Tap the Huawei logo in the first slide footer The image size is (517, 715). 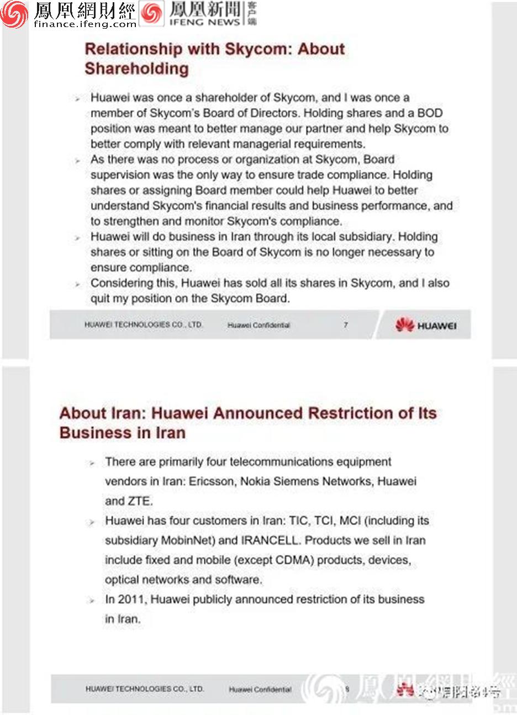[426, 325]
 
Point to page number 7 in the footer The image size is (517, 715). [346, 325]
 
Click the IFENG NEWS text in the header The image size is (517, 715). [204, 23]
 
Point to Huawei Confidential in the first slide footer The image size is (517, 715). [258, 325]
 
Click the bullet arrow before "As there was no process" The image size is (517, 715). [78, 160]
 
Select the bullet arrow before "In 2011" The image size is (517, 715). [92, 600]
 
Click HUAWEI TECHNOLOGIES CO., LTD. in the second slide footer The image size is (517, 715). [145, 689]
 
